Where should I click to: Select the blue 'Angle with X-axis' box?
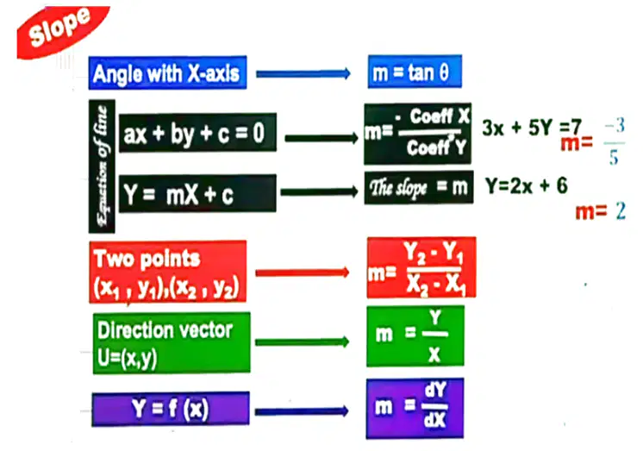(167, 72)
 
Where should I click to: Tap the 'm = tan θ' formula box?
(415, 72)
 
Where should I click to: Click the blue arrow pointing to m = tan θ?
(303, 74)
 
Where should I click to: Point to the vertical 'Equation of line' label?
(102, 166)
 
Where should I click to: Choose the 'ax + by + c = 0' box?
(197, 133)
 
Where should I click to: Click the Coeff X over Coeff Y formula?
(417, 134)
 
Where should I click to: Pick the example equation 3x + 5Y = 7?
(532, 128)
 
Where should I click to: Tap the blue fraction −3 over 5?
(615, 141)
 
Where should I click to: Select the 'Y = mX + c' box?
(197, 193)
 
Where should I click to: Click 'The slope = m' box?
(419, 187)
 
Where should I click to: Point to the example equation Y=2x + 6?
(527, 185)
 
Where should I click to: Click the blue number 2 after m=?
(621, 211)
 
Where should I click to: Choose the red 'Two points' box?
(168, 272)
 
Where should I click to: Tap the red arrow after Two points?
(303, 272)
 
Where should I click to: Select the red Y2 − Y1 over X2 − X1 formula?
(421, 267)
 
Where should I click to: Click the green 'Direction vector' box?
(172, 343)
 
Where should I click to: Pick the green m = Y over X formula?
(415, 336)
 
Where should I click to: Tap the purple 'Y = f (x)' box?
(171, 409)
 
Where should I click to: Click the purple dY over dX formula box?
(415, 409)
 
